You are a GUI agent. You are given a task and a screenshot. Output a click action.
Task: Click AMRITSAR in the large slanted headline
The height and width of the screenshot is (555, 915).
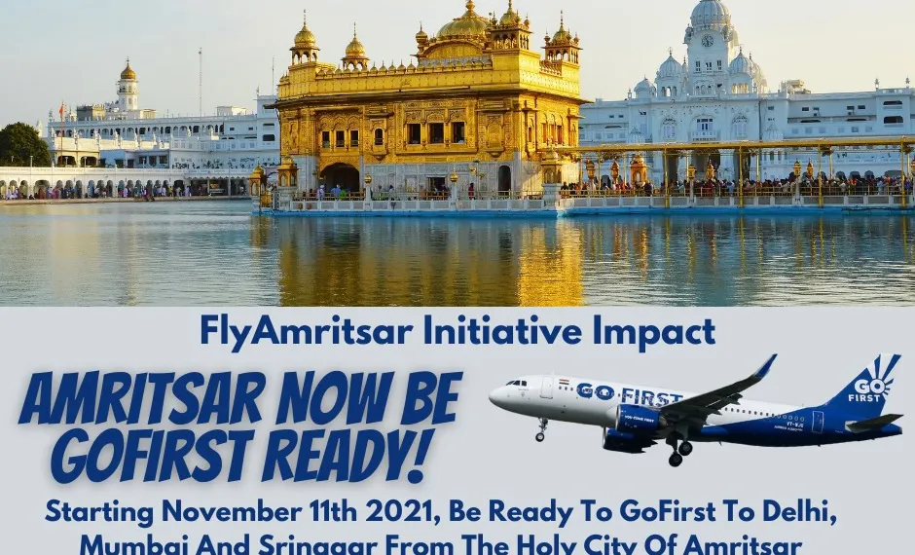(x=141, y=398)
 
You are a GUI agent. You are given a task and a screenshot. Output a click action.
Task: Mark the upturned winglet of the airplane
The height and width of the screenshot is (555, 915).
(x=766, y=367)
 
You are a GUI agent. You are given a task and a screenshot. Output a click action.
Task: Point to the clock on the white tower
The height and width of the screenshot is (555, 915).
(x=709, y=41)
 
